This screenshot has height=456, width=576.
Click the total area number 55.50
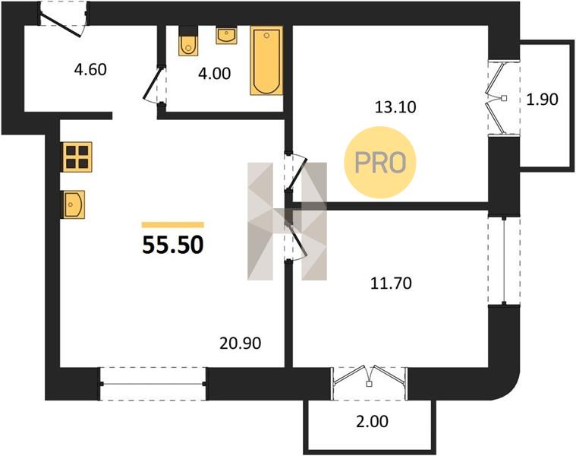173,245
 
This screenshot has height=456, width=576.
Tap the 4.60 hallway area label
90,69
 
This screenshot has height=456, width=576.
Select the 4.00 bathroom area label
215,74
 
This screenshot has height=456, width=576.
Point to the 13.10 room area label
395,107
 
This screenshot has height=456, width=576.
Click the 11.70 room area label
391,283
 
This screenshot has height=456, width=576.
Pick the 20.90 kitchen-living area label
241,343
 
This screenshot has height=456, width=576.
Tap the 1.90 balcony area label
542,100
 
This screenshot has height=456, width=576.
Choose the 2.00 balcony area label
372,422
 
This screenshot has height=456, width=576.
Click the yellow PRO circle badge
380,163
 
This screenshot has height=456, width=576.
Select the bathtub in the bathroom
266,61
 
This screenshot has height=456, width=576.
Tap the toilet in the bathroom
188,41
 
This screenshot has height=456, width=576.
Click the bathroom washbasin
226,35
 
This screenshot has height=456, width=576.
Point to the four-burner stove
77,157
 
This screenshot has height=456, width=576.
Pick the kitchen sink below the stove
74,204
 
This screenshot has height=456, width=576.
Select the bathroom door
154,85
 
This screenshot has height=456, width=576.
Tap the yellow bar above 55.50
173,225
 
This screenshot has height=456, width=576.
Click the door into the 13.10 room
295,172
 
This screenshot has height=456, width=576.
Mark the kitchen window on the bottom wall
153,384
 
